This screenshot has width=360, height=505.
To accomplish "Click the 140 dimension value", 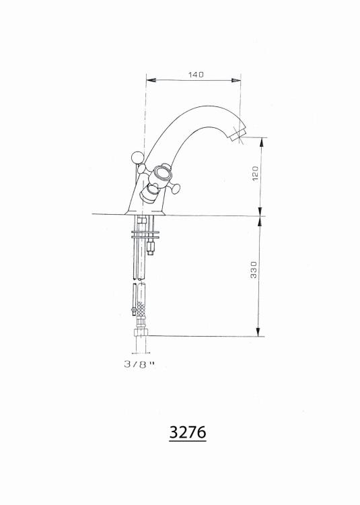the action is pos(196,75).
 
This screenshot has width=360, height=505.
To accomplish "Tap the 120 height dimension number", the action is pos(255,174).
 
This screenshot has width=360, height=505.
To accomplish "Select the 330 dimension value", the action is pos(254,269).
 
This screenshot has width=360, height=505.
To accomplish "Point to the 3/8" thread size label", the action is pos(139,364).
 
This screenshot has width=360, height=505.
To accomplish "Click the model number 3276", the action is pos(188,432).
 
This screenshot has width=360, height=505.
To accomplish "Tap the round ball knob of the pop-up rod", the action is pos(136,158).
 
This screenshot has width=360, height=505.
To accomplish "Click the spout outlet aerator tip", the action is pos(238,135).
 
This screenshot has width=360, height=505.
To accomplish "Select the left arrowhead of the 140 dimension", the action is pos(151,80).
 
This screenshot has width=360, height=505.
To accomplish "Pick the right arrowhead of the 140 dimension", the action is pos(236,80).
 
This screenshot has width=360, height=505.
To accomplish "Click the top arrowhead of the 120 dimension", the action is pos(260,142).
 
